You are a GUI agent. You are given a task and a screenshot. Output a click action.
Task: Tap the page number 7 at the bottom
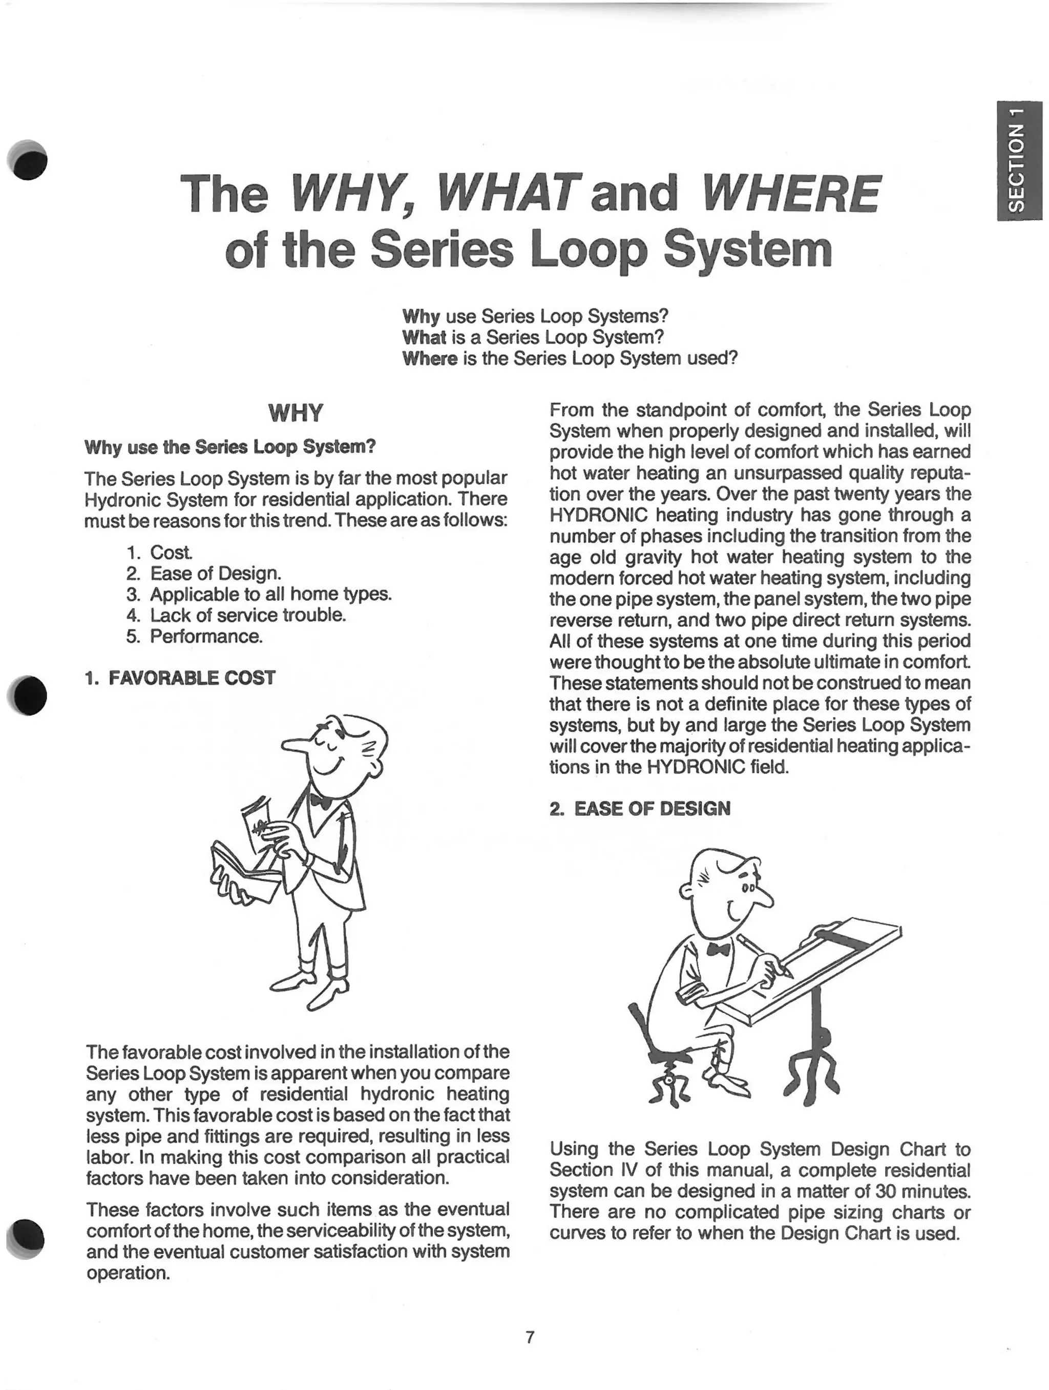click(x=530, y=1337)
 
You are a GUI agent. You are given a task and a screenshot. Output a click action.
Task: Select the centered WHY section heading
click(x=296, y=413)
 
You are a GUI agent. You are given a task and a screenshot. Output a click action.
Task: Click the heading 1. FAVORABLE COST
click(x=180, y=678)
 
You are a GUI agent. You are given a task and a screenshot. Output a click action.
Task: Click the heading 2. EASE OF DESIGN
click(x=640, y=808)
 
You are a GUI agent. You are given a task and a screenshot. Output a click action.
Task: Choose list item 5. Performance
click(x=194, y=637)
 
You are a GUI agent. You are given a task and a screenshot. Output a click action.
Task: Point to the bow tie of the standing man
click(x=321, y=802)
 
